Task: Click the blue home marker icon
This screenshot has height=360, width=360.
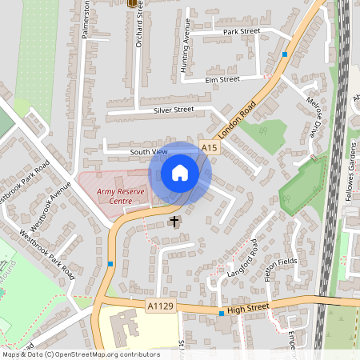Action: pyautogui.click(x=180, y=173)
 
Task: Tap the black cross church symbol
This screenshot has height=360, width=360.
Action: pyautogui.click(x=174, y=220)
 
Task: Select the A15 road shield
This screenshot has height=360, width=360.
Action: pyautogui.click(x=210, y=148)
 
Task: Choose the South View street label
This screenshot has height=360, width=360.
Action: pyautogui.click(x=148, y=151)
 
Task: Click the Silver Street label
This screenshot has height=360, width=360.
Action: pyautogui.click(x=175, y=109)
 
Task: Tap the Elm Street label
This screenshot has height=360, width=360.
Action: pyautogui.click(x=222, y=79)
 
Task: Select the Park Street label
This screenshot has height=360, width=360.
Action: pyautogui.click(x=242, y=31)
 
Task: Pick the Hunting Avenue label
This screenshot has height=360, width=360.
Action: pyautogui.click(x=186, y=56)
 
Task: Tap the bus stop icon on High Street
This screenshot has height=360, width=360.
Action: pyautogui.click(x=222, y=314)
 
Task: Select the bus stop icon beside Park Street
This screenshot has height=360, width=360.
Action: pyautogui.click(x=285, y=54)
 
